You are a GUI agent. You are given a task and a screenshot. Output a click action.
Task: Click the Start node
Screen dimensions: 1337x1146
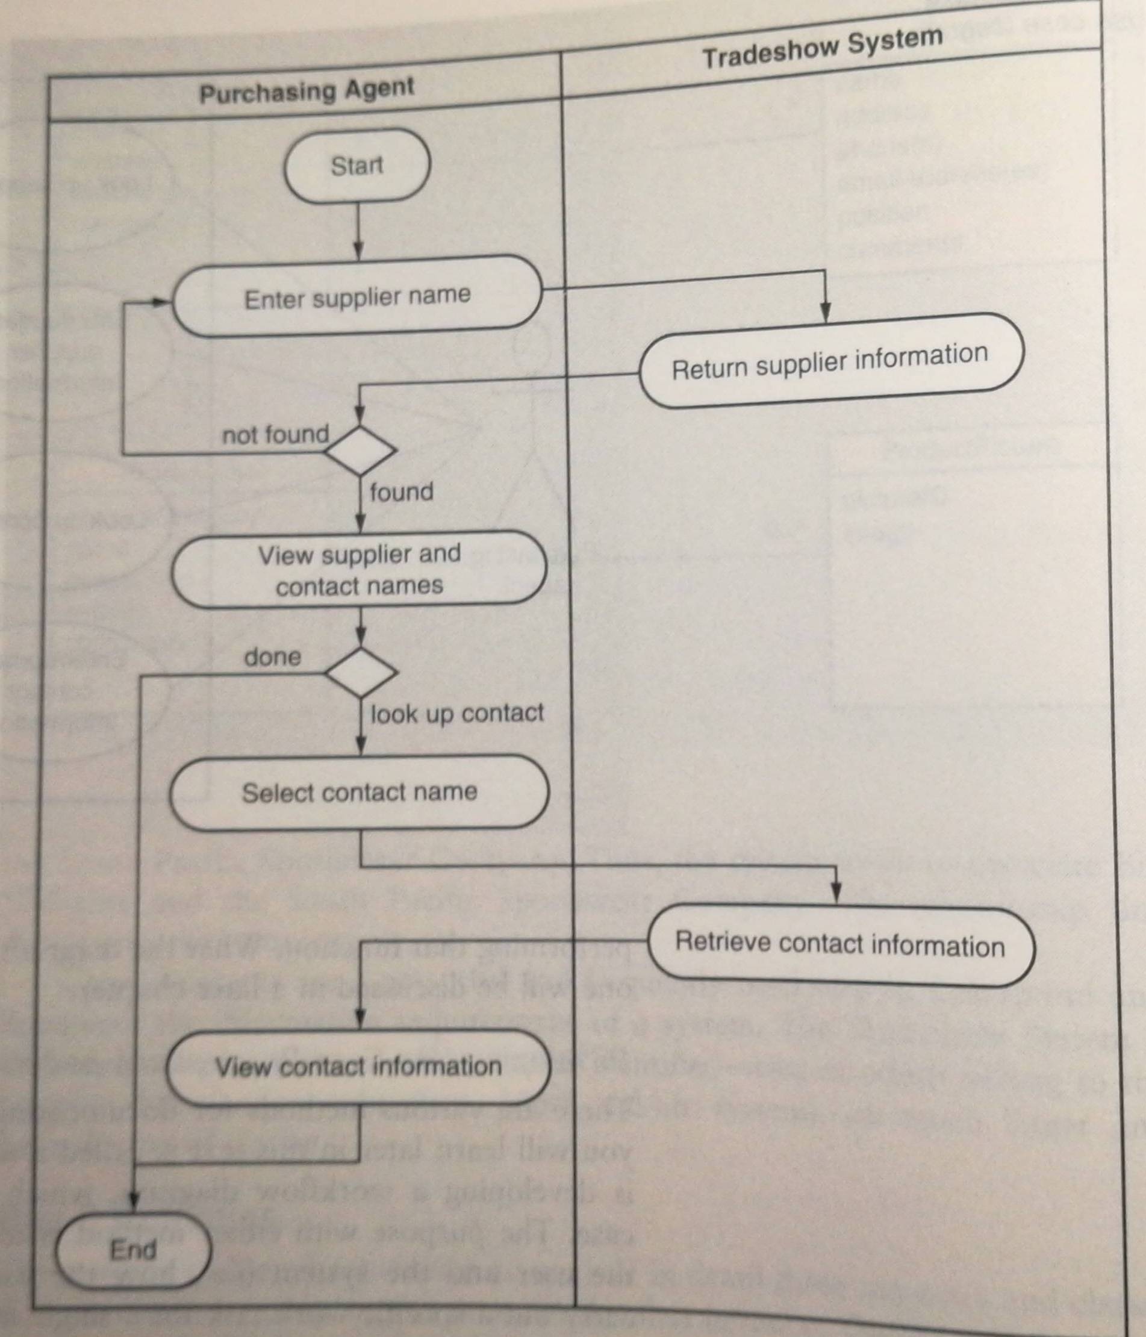(357, 166)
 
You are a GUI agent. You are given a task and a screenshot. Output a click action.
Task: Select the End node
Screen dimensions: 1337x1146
(134, 1250)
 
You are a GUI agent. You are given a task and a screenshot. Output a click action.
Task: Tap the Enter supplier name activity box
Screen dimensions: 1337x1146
(357, 297)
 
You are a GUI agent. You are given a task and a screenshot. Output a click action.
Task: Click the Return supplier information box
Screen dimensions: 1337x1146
(830, 361)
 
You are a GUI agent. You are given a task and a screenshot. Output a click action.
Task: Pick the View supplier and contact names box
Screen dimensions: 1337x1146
(359, 570)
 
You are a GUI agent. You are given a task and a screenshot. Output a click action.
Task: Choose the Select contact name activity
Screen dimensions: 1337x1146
(359, 792)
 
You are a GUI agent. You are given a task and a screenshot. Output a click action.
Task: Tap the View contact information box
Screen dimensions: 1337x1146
(358, 1066)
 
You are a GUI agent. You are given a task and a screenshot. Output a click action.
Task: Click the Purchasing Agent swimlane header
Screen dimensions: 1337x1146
(307, 90)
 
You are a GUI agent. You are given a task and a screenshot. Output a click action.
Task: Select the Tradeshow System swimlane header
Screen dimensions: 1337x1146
(823, 48)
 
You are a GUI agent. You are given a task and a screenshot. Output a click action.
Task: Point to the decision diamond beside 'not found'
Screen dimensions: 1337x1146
(360, 450)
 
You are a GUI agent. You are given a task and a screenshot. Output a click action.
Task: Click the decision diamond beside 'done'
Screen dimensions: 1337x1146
(361, 672)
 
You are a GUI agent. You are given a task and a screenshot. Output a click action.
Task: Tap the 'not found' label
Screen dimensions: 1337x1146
(276, 435)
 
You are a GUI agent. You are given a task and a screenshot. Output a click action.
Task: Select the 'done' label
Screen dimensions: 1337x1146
(272, 657)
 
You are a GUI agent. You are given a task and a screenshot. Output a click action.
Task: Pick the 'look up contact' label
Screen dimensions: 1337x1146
(457, 713)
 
